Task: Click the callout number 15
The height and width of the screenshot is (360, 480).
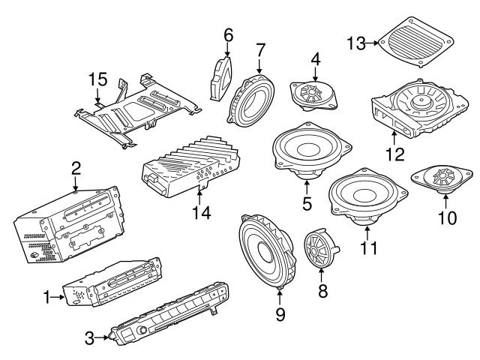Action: (97, 79)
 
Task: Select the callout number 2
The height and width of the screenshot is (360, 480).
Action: (75, 166)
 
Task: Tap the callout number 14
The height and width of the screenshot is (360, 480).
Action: (199, 212)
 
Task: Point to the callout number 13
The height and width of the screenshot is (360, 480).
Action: (356, 44)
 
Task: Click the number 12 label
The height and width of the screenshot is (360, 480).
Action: (394, 155)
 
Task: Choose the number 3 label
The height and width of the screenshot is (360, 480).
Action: (89, 339)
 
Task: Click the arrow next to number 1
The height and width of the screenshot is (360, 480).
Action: (56, 298)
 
